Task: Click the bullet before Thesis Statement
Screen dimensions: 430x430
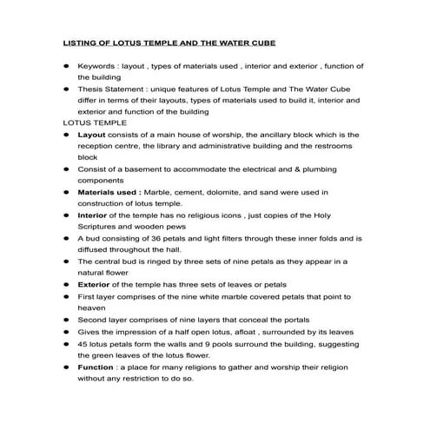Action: point(66,89)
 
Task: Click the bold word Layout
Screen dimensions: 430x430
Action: point(92,136)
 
